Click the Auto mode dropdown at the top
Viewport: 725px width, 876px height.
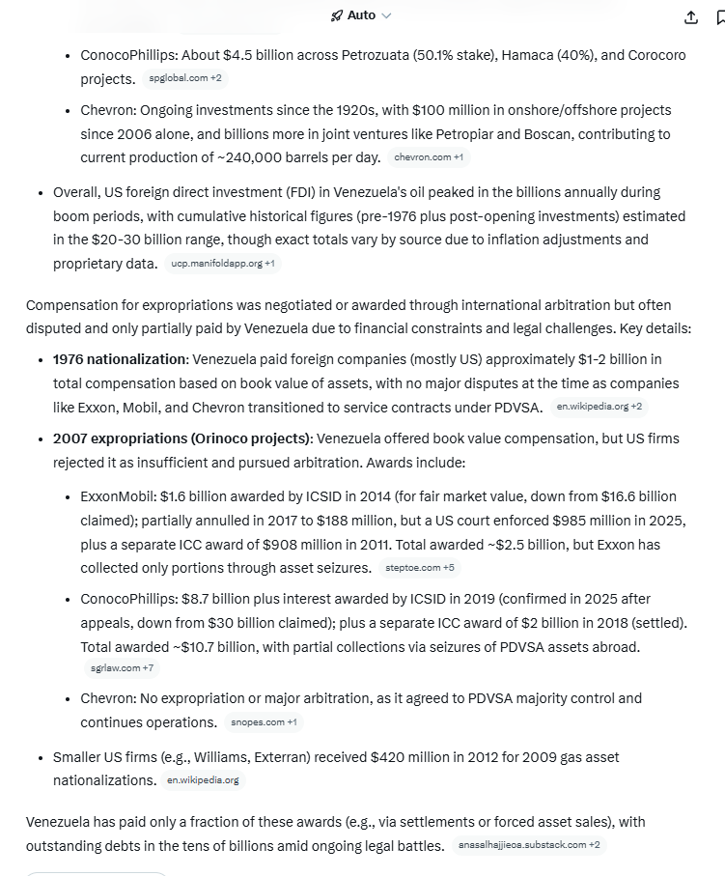(x=362, y=15)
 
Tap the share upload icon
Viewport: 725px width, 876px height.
(x=691, y=17)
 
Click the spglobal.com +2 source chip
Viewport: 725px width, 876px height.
(x=184, y=78)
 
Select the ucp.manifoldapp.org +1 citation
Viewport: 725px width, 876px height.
(x=222, y=263)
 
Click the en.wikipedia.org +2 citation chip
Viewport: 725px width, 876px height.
(x=600, y=407)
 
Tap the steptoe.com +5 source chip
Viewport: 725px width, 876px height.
(x=420, y=568)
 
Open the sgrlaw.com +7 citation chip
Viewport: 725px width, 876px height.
(x=122, y=667)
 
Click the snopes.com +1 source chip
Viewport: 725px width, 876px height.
(x=264, y=721)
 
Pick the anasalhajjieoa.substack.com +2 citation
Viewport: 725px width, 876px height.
(x=529, y=845)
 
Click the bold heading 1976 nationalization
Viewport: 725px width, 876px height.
(x=119, y=359)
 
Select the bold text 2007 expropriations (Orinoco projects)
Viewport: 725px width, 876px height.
(x=181, y=438)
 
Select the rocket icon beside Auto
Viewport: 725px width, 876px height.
(x=337, y=15)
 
